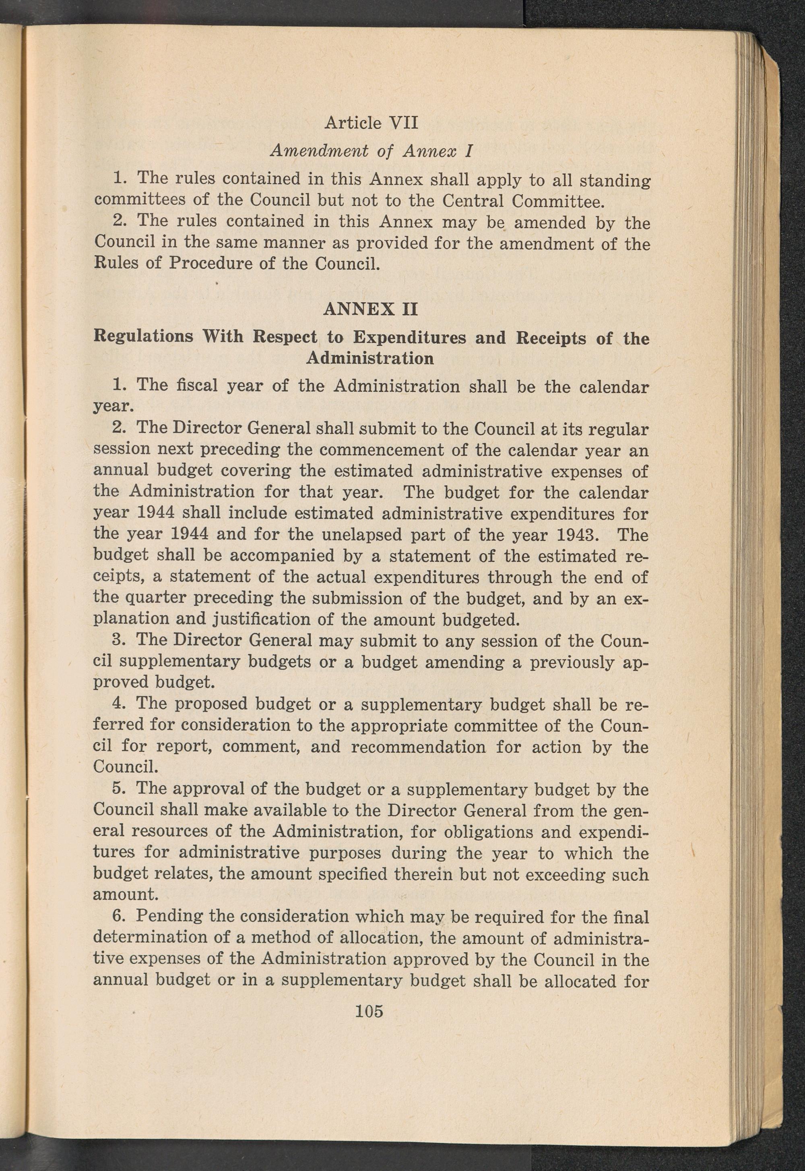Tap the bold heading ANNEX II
tap(370, 309)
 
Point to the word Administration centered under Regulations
tap(370, 358)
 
